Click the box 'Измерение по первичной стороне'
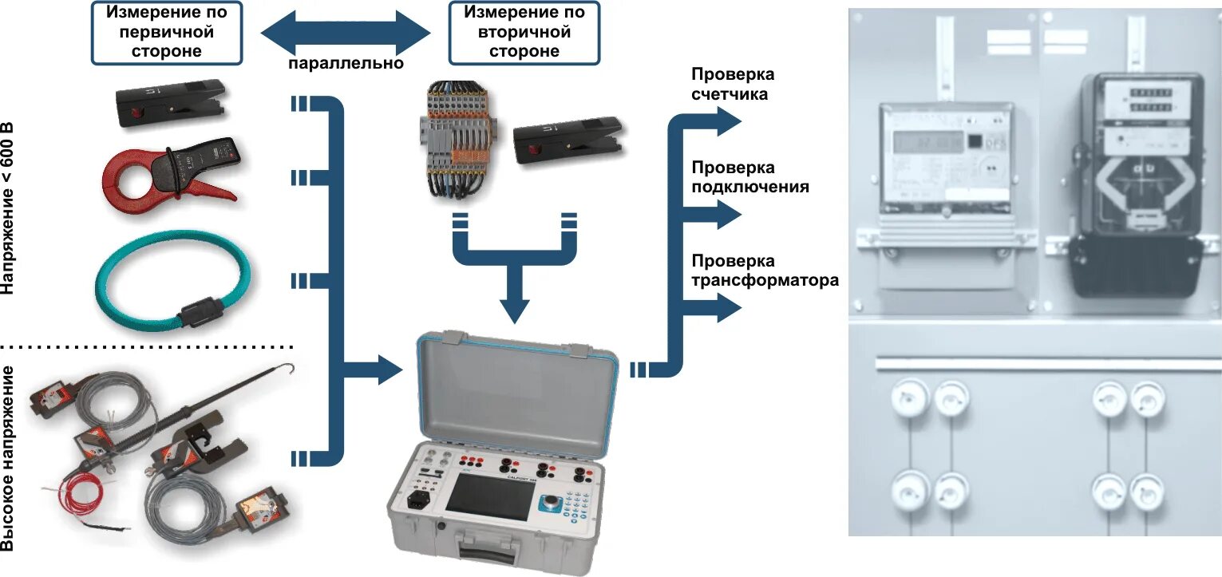pyautogui.click(x=166, y=33)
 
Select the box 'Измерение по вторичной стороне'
pyautogui.click(x=524, y=33)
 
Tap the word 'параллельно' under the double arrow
pyautogui.click(x=346, y=63)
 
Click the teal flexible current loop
pyautogui.click(x=172, y=279)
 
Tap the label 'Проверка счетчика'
pyautogui.click(x=732, y=84)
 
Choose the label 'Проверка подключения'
pyautogui.click(x=749, y=177)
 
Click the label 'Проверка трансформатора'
pyautogui.click(x=765, y=271)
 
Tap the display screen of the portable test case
pyautogui.click(x=486, y=494)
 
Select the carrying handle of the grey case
pyautogui.click(x=490, y=550)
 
